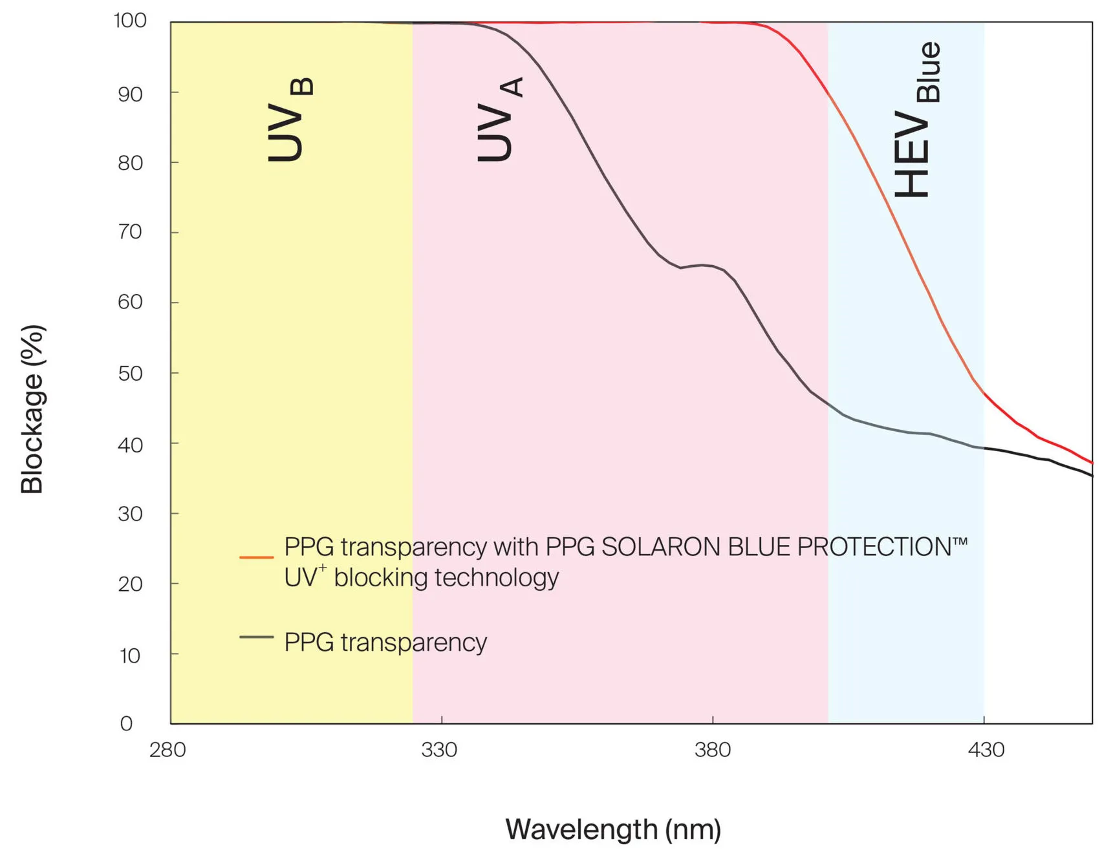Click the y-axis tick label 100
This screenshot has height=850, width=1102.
pos(130,21)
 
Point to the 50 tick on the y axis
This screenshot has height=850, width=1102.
pos(130,373)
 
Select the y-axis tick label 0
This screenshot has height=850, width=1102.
pos(127,723)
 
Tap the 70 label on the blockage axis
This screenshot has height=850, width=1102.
pos(130,231)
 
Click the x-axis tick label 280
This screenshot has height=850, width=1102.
pos(167,750)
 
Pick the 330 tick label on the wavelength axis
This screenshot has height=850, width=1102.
pos(439,750)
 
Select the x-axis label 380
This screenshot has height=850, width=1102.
pos(713,750)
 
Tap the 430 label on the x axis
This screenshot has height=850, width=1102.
pos(986,750)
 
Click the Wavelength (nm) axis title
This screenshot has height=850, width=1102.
pos(613,829)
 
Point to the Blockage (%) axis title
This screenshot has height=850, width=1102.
pos(32,409)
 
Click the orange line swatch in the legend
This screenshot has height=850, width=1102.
pos(256,557)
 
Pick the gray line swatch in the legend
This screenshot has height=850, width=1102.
pos(256,637)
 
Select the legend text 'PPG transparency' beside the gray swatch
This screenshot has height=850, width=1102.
pos(385,642)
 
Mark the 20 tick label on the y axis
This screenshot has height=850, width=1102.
pos(130,584)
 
